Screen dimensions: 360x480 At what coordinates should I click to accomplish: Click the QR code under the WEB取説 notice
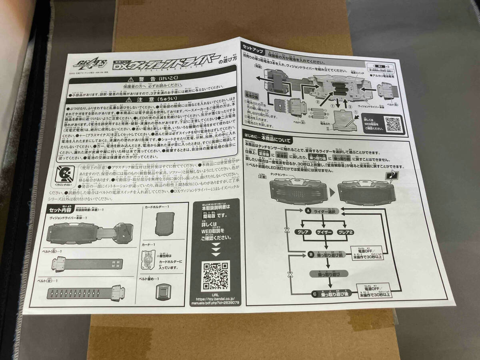[x=215, y=276]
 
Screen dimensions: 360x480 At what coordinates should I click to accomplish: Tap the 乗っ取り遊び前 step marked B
[x=328, y=254]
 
